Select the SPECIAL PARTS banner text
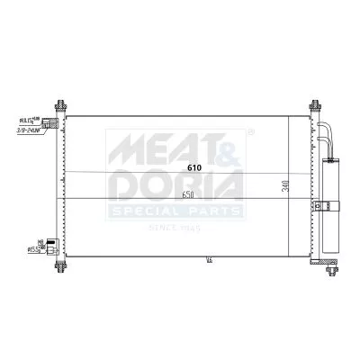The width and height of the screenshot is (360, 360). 175,211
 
